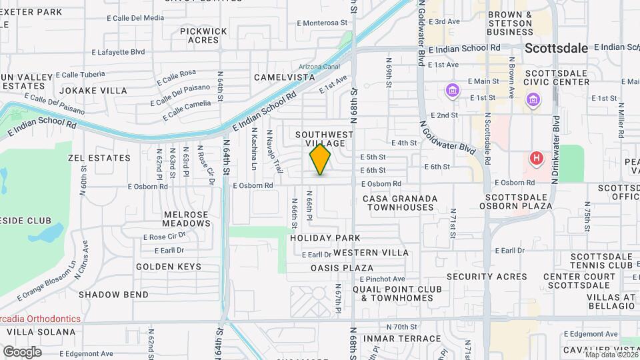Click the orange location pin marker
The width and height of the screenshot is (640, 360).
click(320, 160)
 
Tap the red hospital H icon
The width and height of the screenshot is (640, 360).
click(535, 159)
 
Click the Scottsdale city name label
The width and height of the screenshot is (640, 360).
click(556, 48)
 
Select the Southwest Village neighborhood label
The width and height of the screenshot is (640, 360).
click(324, 139)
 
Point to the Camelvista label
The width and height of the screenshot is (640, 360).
click(284, 77)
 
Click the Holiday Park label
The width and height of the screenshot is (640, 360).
click(325, 238)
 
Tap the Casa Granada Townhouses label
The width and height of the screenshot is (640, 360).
click(400, 203)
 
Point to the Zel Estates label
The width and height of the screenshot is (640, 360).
click(99, 158)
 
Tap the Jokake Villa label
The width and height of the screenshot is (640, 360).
click(93, 90)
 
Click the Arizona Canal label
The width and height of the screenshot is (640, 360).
click(319, 67)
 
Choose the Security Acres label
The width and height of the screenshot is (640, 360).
click(487, 277)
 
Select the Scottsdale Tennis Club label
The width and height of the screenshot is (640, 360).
click(591, 261)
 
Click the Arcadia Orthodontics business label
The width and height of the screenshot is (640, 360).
click(40, 319)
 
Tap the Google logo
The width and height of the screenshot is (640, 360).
click(22, 351)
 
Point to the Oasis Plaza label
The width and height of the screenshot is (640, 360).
click(342, 268)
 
